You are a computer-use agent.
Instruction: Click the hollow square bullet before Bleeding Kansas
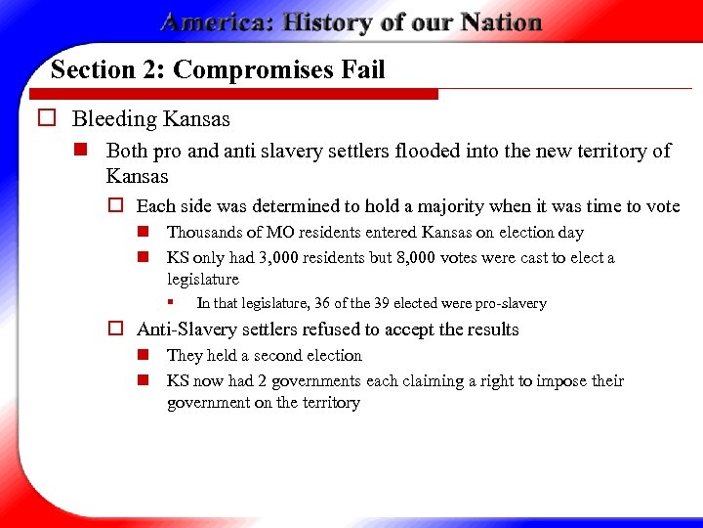coord(45,119)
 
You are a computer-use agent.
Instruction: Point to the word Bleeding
coord(114,119)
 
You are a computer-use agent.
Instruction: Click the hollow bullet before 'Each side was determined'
coord(113,206)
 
